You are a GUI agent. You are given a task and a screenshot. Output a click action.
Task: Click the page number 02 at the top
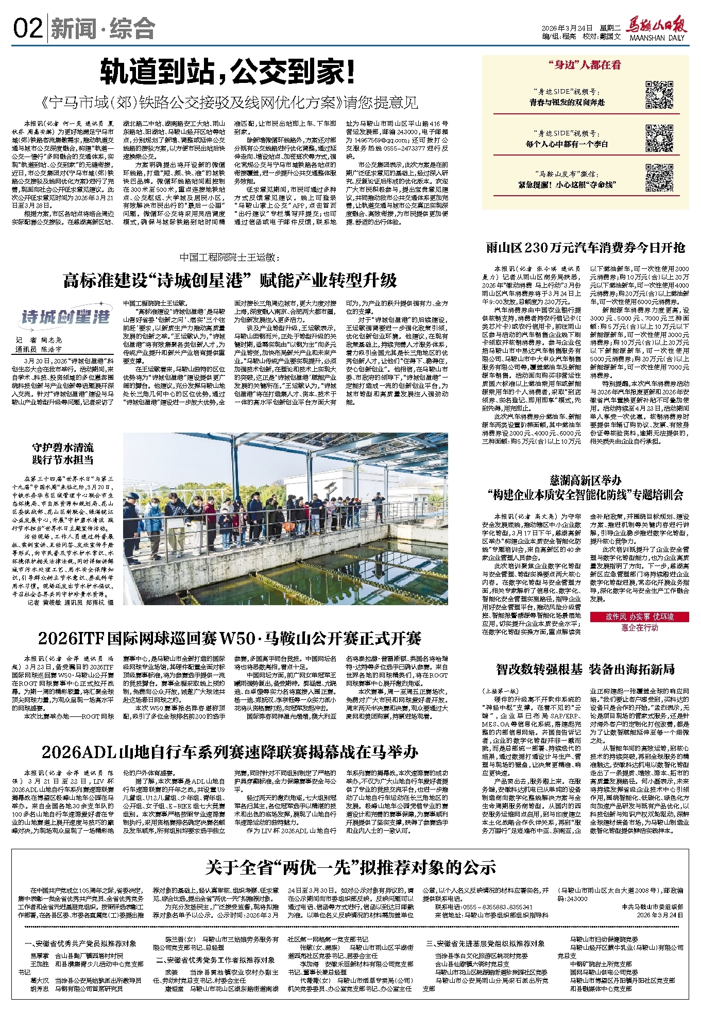28,28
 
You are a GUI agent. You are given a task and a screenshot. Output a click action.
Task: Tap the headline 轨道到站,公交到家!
227,72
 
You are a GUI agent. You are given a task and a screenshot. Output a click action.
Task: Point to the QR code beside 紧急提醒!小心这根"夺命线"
659,178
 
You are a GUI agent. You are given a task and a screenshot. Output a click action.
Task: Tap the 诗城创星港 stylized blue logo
65,316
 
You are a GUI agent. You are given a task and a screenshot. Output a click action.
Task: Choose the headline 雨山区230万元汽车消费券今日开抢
586,248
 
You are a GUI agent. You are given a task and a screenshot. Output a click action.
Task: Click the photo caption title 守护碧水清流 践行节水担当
63,454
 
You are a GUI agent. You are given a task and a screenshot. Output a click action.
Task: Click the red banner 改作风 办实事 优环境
639,616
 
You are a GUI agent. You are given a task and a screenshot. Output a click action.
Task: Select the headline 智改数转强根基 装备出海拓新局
585,669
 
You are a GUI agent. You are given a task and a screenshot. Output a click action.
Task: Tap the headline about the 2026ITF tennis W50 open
230,639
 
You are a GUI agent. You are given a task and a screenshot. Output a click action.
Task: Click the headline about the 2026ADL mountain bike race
230,752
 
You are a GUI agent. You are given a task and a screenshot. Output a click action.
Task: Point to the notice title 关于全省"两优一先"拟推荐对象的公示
350,867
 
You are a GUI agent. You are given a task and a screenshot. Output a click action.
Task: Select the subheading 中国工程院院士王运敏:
230,257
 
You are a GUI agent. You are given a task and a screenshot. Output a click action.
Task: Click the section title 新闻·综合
103,29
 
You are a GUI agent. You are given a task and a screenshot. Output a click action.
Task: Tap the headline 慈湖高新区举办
586,481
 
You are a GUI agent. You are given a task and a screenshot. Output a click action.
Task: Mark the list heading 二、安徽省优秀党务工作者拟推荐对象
215,960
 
